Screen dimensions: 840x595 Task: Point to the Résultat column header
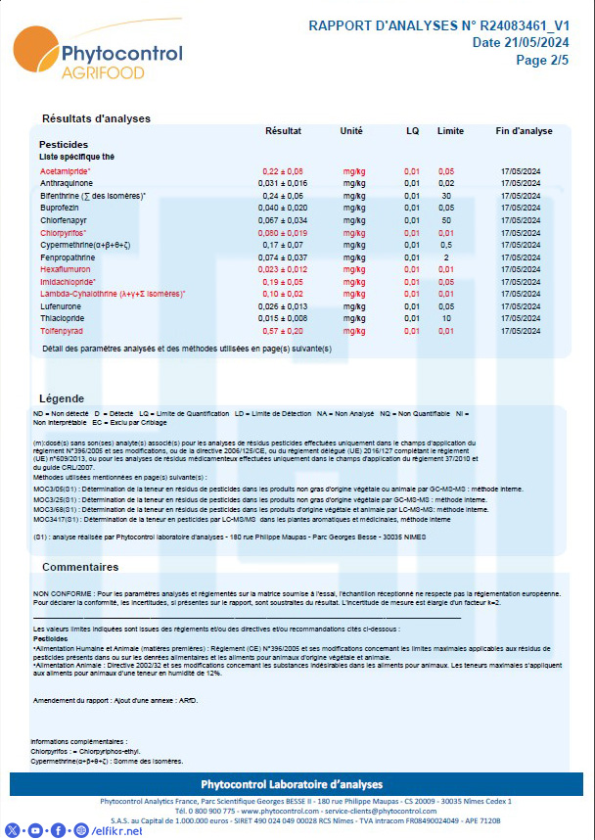(x=283, y=131)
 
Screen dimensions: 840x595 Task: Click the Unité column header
(x=351, y=131)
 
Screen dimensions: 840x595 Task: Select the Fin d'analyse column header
(x=525, y=131)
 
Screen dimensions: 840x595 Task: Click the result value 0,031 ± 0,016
(x=283, y=183)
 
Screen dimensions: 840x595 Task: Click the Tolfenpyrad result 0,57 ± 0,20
(x=283, y=331)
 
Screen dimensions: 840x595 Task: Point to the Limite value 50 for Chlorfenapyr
(x=446, y=220)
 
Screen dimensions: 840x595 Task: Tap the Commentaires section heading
(x=80, y=567)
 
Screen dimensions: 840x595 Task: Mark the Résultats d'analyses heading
(x=96, y=118)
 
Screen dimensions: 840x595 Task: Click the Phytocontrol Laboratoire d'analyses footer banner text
(x=297, y=784)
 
